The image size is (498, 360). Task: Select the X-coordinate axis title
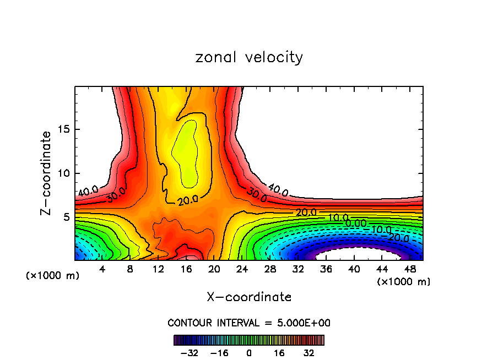click(x=249, y=297)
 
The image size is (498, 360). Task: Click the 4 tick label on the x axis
click(x=102, y=269)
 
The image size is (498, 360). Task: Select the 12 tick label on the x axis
click(x=159, y=269)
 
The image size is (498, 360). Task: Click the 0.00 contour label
click(x=356, y=223)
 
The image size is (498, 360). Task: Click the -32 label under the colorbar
click(x=188, y=352)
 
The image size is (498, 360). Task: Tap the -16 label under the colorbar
click(x=219, y=352)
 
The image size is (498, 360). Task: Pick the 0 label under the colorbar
click(x=249, y=352)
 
